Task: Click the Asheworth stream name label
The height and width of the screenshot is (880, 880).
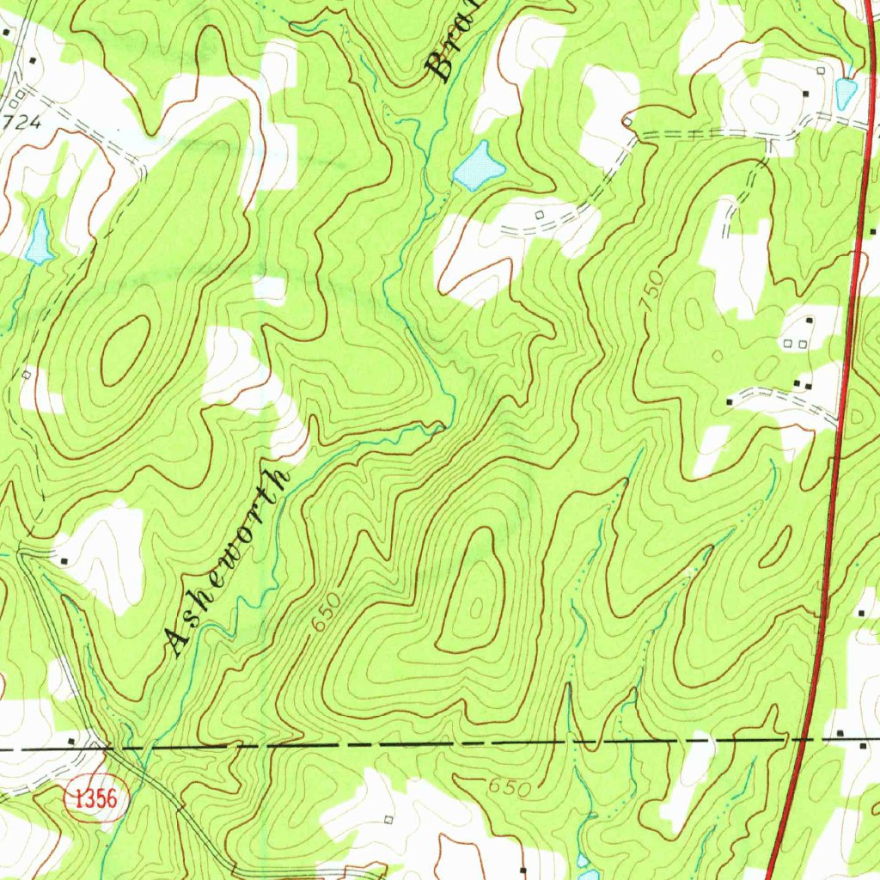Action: tap(227, 563)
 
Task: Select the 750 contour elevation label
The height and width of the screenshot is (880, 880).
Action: tap(652, 292)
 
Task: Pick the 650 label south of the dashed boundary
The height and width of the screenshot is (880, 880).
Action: tap(505, 785)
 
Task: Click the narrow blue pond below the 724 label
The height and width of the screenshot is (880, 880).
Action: tap(39, 237)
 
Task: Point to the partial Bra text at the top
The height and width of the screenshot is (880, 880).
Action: tap(452, 52)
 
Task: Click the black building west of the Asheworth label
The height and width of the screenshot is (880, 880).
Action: tap(65, 560)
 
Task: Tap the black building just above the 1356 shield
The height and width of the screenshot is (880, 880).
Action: tap(72, 740)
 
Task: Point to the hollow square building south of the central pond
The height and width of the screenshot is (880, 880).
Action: tap(539, 214)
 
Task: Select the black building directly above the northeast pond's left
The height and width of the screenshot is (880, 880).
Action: tap(807, 93)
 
